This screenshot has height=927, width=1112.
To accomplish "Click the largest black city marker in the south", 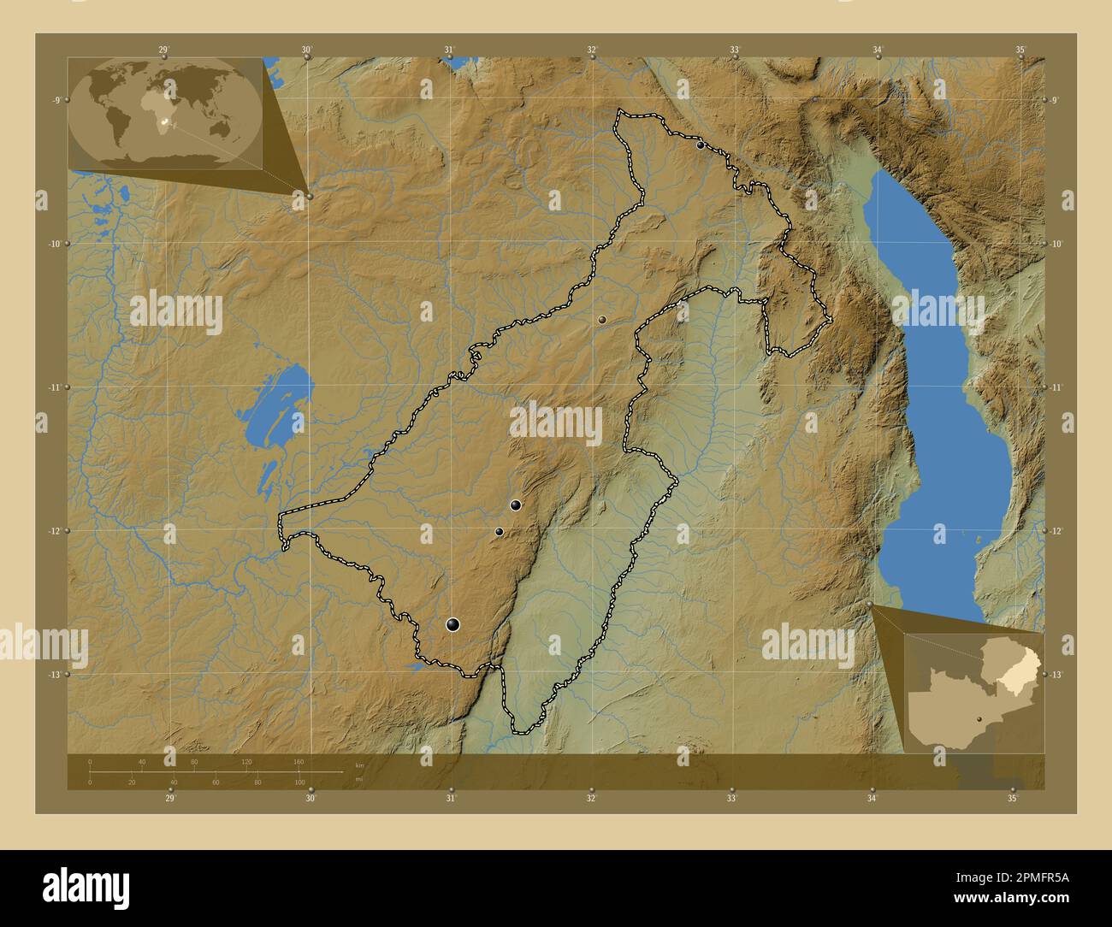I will click(452, 625).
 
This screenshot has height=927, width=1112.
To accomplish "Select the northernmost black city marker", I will click(701, 145).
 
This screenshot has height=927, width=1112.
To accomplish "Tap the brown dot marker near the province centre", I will click(602, 319).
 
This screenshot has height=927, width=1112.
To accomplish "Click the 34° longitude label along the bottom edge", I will click(872, 799).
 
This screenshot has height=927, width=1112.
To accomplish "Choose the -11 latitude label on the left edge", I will click(53, 387).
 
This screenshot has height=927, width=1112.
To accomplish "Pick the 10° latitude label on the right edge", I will click(1056, 245).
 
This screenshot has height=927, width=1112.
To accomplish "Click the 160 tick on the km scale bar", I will click(299, 761).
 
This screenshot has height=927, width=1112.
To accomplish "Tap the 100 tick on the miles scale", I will click(299, 782).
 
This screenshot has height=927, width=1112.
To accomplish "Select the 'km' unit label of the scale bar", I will click(359, 764).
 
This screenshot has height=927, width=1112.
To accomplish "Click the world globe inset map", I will click(165, 113).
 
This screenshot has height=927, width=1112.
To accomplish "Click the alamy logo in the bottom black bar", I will click(86, 887).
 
